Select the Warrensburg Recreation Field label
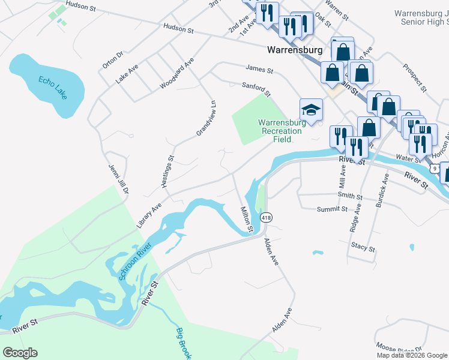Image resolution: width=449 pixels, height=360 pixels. point(282,131)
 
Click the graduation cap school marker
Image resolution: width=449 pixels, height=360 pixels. point(312,110)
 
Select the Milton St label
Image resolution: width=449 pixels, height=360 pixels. point(247,220)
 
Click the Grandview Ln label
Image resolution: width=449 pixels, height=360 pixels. point(205,118)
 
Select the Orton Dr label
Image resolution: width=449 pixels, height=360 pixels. point(112,59)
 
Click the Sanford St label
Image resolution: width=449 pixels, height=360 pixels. point(256,89)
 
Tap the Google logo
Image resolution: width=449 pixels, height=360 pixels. point(20,353)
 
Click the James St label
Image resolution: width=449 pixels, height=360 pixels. point(259,70)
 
